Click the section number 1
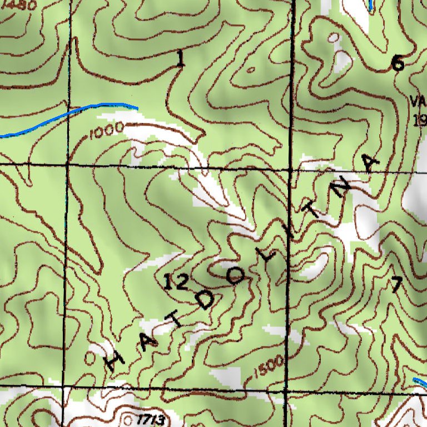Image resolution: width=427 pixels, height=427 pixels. pyautogui.click(x=179, y=59)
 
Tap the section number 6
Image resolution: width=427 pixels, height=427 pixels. pyautogui.click(x=398, y=64)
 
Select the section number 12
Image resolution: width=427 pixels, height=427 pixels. pyautogui.click(x=176, y=282)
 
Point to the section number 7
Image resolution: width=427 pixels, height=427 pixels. pyautogui.click(x=395, y=285)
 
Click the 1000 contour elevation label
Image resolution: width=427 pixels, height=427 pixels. pyautogui.click(x=106, y=131)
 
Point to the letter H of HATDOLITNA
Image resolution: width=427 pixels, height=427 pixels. pyautogui.click(x=115, y=361)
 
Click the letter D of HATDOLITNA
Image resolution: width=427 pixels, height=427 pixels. pyautogui.click(x=205, y=300)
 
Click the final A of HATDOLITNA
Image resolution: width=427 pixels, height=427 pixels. pyautogui.click(x=370, y=163)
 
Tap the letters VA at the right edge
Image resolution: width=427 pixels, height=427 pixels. pyautogui.click(x=418, y=102)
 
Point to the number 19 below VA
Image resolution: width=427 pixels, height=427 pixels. pyautogui.click(x=420, y=120)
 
